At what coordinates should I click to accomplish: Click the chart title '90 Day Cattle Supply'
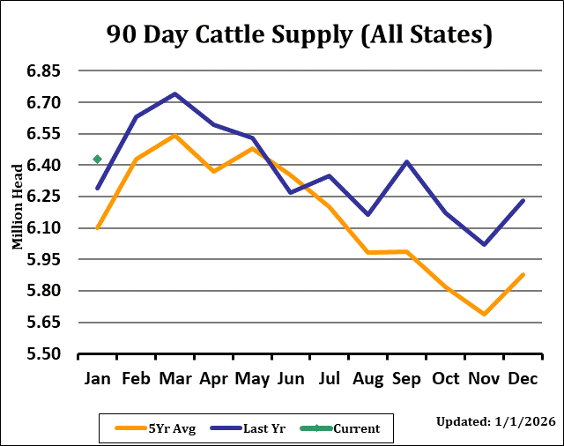pos(299,34)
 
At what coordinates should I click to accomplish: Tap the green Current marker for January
pos(98,160)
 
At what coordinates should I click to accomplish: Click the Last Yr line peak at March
pos(174,93)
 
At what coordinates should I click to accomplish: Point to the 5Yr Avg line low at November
pos(485,314)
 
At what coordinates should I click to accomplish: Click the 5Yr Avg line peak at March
pos(174,136)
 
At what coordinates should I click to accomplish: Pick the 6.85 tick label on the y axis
pos(39,71)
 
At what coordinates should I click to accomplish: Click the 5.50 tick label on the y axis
pos(39,353)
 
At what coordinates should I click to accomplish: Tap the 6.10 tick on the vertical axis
pos(39,227)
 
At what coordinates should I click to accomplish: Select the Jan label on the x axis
pos(97,379)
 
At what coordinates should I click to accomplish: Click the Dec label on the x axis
pos(523,379)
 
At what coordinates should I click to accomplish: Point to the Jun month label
pos(291,379)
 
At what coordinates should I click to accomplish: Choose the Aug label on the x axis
pos(368,379)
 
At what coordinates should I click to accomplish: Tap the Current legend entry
pos(344,428)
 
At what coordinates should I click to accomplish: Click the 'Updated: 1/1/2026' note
pos(495,422)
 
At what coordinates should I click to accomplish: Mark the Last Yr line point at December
pos(523,201)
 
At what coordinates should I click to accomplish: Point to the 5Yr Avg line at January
pos(98,227)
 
